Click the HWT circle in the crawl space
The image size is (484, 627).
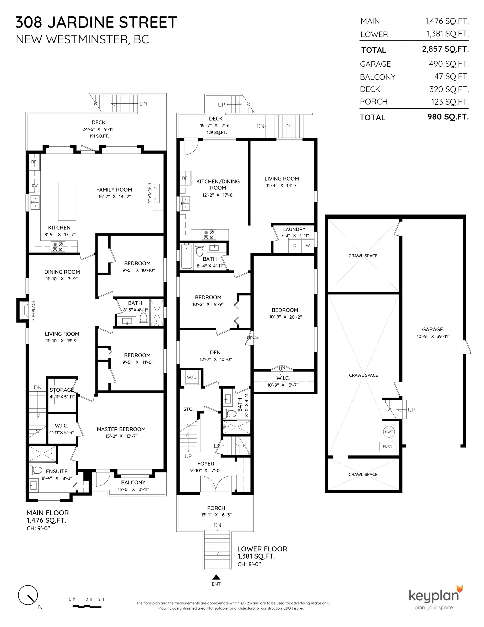(389, 432)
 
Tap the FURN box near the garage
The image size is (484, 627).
(387, 446)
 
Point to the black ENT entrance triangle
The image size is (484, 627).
(216, 577)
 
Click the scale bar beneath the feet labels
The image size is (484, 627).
(87, 607)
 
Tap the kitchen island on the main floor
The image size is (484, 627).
(67, 201)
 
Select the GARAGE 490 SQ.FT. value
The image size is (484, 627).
(449, 64)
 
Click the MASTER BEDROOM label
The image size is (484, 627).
(121, 429)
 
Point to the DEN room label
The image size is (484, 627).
(215, 352)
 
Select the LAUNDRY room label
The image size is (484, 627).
(294, 229)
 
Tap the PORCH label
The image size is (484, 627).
(216, 508)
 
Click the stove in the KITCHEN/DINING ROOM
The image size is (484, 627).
(209, 235)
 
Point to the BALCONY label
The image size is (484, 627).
(133, 482)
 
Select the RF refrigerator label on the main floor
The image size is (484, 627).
(34, 162)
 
